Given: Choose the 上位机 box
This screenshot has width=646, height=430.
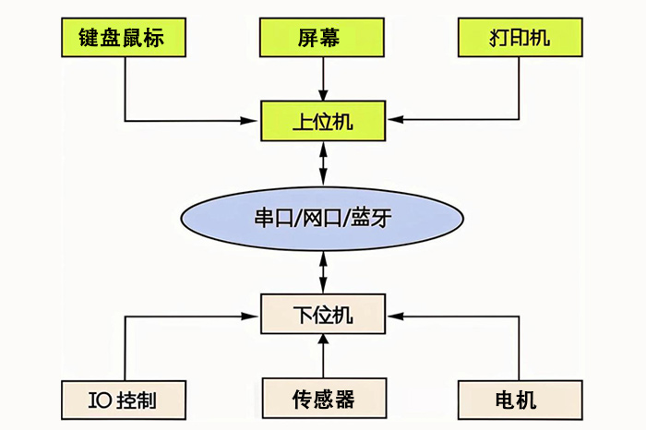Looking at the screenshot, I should pyautogui.click(x=321, y=120).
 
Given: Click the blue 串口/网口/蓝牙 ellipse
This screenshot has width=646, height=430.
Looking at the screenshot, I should pyautogui.click(x=321, y=218).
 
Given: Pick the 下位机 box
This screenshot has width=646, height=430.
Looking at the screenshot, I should pyautogui.click(x=321, y=316).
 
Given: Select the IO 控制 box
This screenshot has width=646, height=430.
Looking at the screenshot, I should pyautogui.click(x=126, y=400).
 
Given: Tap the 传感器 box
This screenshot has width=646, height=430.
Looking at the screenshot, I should pyautogui.click(x=321, y=400).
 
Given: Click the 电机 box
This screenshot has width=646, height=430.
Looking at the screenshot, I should pyautogui.click(x=520, y=400).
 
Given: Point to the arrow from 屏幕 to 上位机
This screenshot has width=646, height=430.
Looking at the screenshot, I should pyautogui.click(x=321, y=78).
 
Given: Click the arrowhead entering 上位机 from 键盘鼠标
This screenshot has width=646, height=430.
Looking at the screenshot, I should pyautogui.click(x=256, y=120).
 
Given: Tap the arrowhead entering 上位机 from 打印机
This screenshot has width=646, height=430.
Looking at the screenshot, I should pyautogui.click(x=389, y=120).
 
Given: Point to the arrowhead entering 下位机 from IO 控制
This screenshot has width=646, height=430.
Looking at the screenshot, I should pyautogui.click(x=256, y=316).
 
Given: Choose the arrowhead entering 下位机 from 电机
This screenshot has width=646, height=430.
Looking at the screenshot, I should pyautogui.click(x=389, y=316).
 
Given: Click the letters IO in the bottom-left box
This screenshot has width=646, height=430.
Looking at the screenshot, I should pyautogui.click(x=99, y=400).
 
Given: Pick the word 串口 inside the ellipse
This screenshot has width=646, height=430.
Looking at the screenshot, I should pyautogui.click(x=269, y=218).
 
